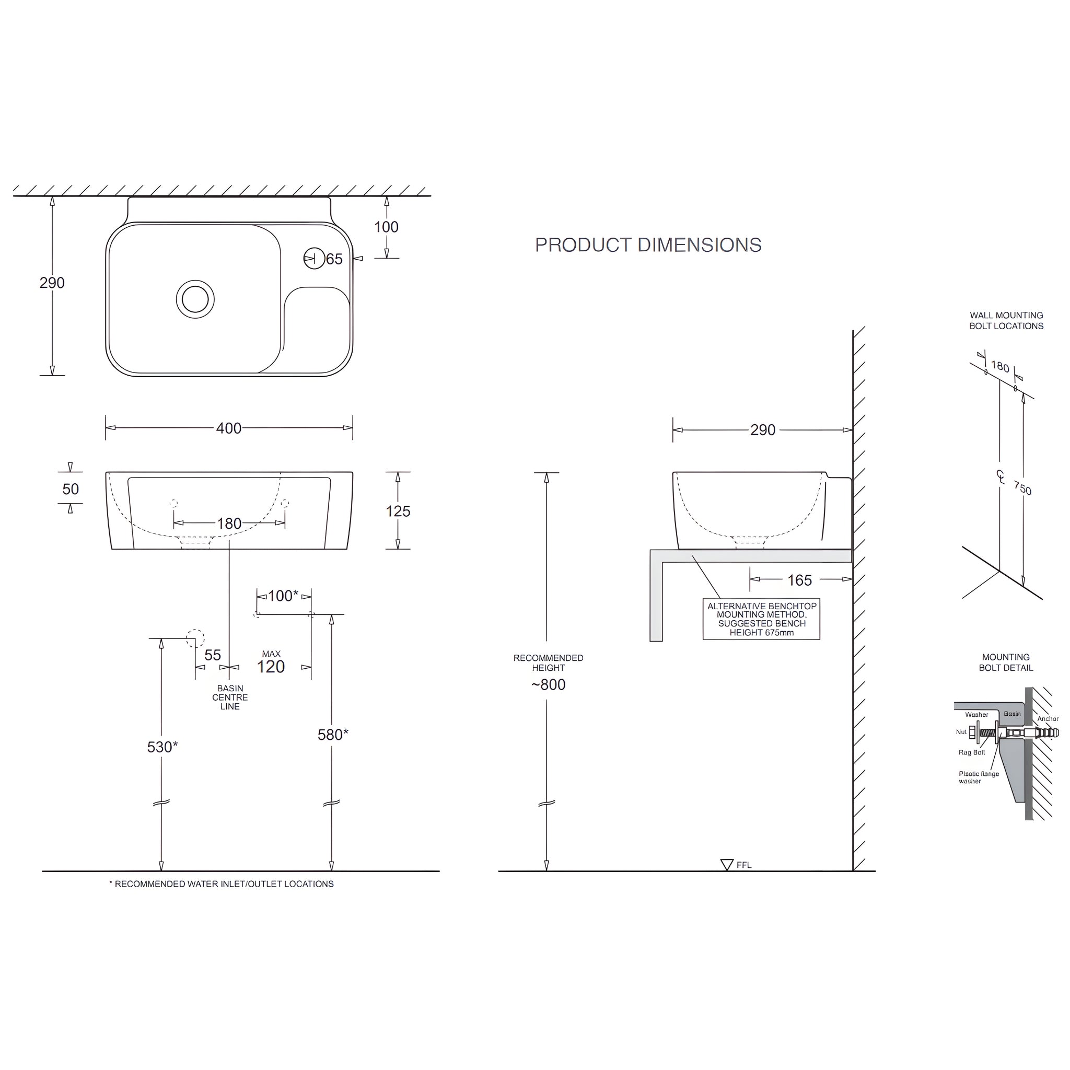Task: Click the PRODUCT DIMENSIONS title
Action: click(x=648, y=245)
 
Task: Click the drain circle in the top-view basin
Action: click(x=195, y=299)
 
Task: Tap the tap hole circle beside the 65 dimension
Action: click(x=314, y=259)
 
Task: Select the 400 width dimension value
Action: click(x=229, y=428)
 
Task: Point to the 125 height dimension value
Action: click(x=398, y=511)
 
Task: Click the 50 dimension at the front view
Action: click(x=71, y=489)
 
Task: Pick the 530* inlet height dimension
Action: click(x=162, y=747)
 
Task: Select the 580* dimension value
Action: click(x=332, y=735)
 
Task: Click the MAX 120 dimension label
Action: click(x=271, y=663)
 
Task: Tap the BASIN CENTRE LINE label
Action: click(x=230, y=697)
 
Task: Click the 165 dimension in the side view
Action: click(x=799, y=580)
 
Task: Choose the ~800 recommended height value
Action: click(x=548, y=685)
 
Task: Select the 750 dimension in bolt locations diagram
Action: click(x=1022, y=487)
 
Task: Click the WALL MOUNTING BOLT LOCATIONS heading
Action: click(x=1006, y=321)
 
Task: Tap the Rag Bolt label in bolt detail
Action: click(x=971, y=753)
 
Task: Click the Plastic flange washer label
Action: click(x=979, y=777)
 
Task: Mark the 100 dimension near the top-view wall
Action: click(x=386, y=227)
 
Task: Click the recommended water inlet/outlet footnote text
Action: click(x=222, y=884)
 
